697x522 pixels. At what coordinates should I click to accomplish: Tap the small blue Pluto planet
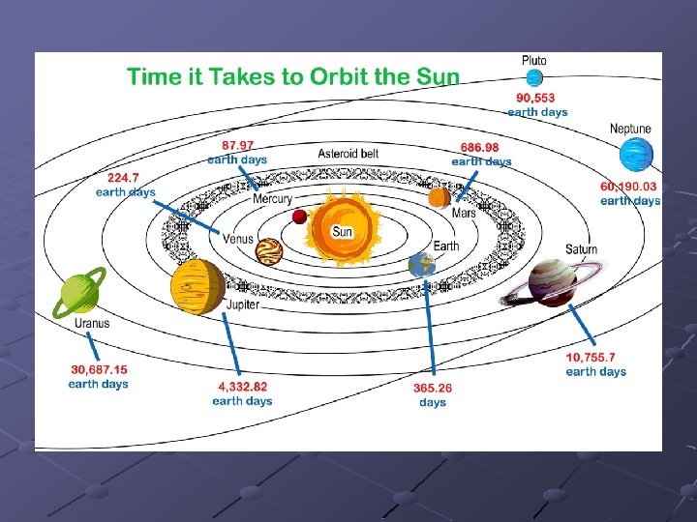(x=533, y=77)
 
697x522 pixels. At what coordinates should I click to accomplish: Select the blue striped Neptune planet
(x=637, y=155)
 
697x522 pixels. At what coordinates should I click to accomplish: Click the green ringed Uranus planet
(x=78, y=293)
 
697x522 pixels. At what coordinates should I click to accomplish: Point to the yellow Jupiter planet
(x=197, y=287)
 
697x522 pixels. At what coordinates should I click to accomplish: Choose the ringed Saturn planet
(x=553, y=282)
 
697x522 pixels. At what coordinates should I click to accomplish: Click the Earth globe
(x=422, y=263)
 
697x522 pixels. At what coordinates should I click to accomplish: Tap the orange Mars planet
(x=439, y=198)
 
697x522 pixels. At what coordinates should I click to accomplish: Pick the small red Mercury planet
(x=299, y=216)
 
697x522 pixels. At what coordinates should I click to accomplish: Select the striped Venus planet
(x=268, y=251)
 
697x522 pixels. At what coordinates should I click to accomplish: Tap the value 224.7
(x=125, y=178)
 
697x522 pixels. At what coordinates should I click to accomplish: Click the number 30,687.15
(x=100, y=369)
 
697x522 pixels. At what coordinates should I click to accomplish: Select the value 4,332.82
(x=243, y=387)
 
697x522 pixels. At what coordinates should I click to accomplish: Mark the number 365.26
(x=433, y=388)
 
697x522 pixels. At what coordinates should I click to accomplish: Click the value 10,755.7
(x=596, y=358)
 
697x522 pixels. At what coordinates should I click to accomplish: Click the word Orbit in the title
(x=343, y=77)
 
